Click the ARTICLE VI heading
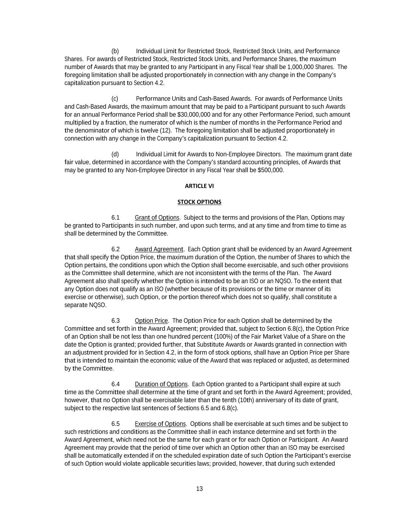[x=199, y=186]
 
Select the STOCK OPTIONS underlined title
[x=199, y=202]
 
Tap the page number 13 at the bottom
[x=199, y=489]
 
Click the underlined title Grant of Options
[x=157, y=218]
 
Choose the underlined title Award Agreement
[x=159, y=249]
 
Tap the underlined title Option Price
[x=151, y=321]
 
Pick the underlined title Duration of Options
[x=161, y=384]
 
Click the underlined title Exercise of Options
[x=160, y=424]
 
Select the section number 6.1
[x=115, y=218]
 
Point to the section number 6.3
[x=115, y=321]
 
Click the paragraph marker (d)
[x=115, y=154]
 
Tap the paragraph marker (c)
[x=115, y=99]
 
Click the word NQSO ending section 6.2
[x=98, y=305]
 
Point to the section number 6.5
[x=115, y=424]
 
